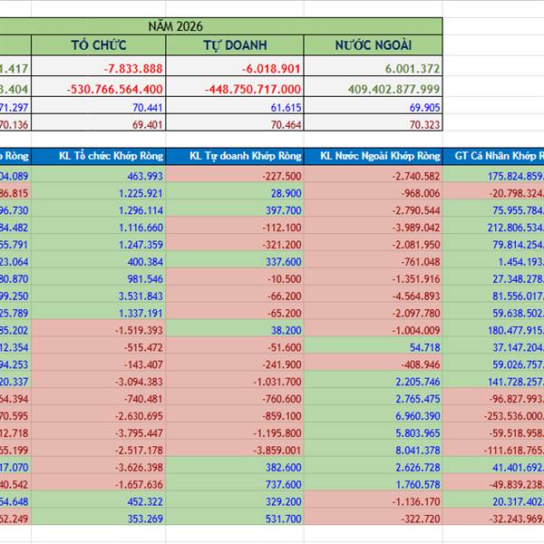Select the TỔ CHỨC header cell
click(99, 45)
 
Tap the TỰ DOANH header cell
click(235, 45)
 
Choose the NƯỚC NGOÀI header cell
click(373, 45)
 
